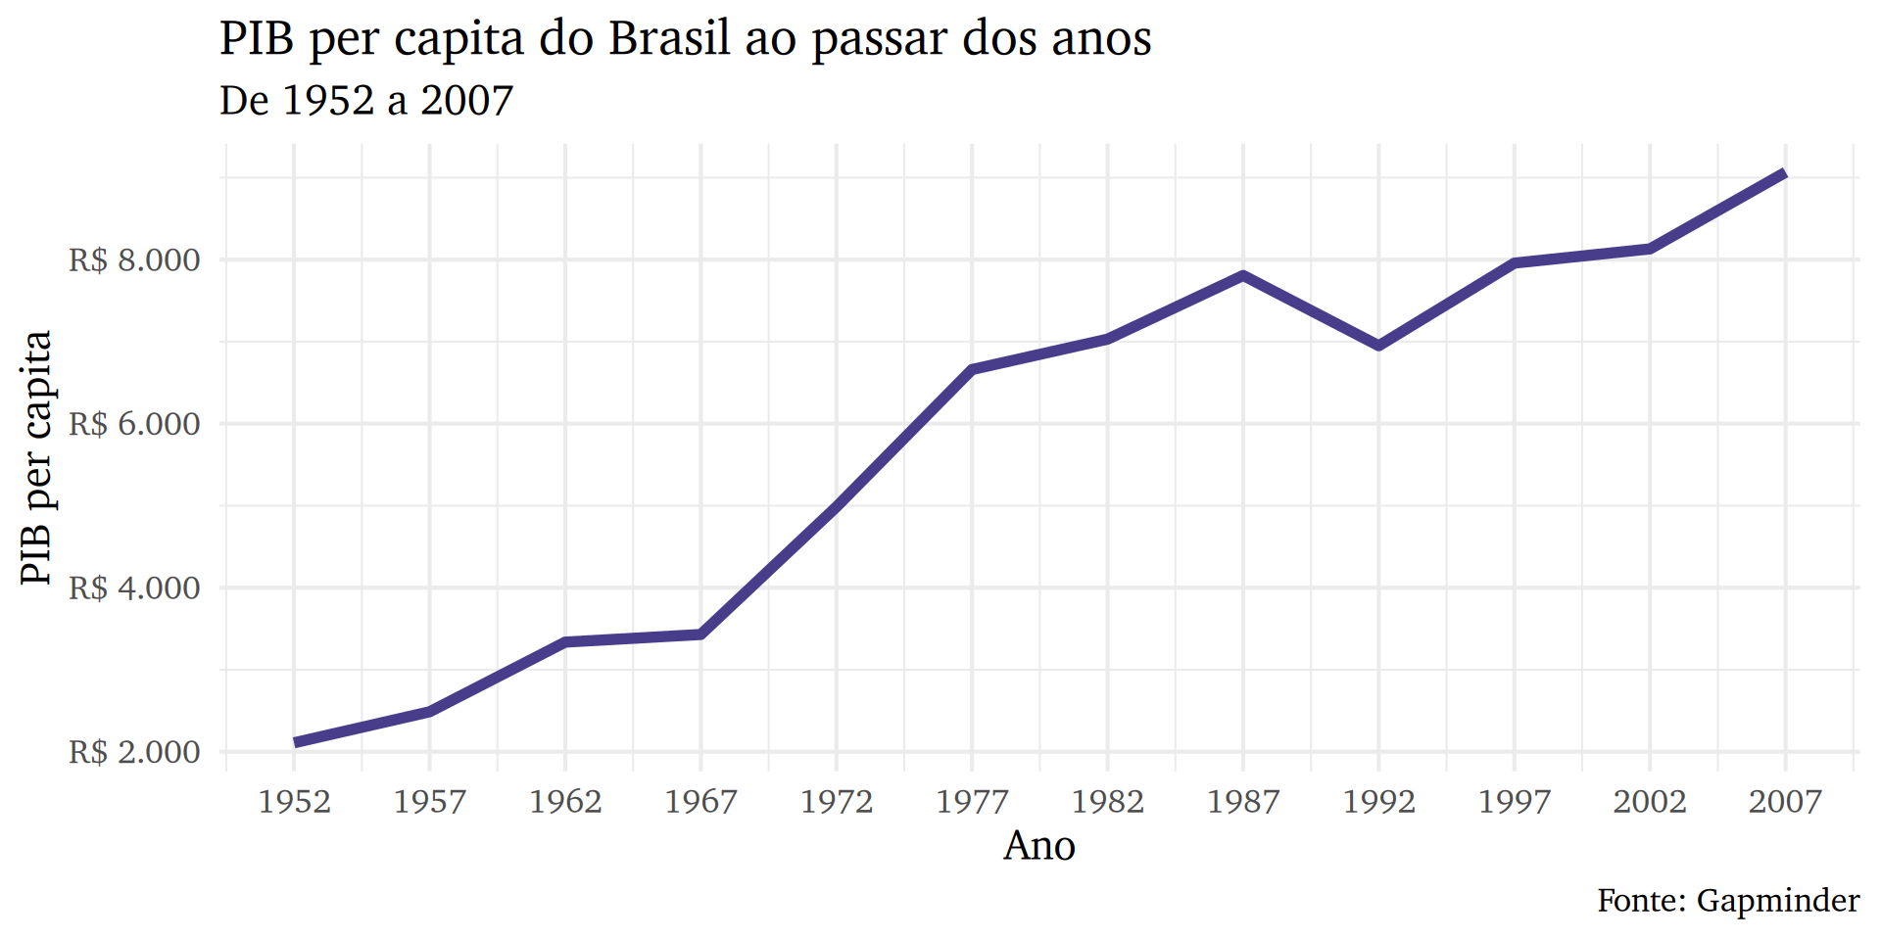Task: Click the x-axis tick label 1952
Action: click(294, 802)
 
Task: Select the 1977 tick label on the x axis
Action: click(972, 802)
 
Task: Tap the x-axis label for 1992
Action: click(1378, 802)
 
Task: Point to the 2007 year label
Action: click(1785, 802)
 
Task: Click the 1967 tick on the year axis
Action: click(700, 802)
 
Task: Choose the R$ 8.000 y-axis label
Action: click(134, 260)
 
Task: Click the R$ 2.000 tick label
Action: click(134, 752)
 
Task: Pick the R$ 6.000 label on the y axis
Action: click(134, 424)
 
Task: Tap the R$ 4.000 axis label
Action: click(134, 588)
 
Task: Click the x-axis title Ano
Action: click(1039, 846)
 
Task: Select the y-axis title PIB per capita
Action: click(36, 457)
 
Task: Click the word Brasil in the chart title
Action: click(669, 39)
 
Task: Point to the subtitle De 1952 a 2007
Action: click(366, 100)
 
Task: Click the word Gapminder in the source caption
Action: click(1777, 900)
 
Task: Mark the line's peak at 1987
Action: click(1243, 275)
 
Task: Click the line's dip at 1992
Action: click(1378, 346)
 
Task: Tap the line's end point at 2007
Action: click(1785, 173)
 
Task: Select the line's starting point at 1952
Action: click(294, 743)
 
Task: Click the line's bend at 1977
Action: click(972, 369)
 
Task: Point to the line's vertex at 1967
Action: click(700, 634)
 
